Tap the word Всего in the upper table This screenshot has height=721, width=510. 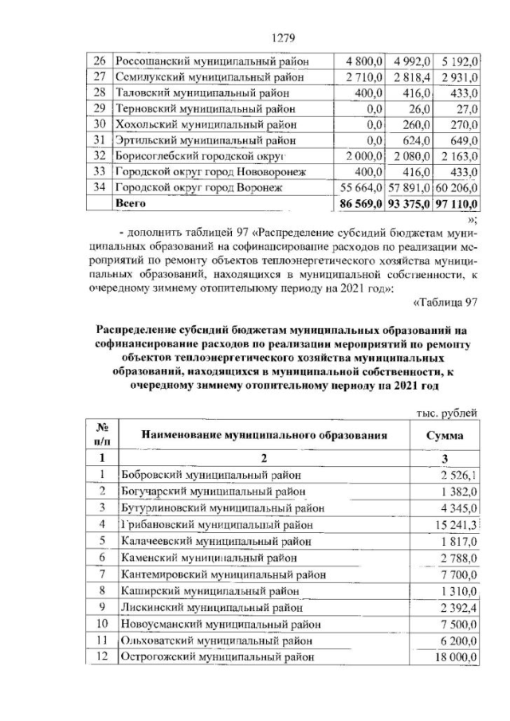tap(131, 203)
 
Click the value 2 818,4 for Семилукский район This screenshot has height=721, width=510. tap(411, 76)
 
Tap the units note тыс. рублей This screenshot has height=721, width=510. tap(447, 413)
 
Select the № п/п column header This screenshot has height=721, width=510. tap(101, 435)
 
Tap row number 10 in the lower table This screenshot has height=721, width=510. tap(101, 624)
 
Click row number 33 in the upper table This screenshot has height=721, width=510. tap(100, 171)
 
